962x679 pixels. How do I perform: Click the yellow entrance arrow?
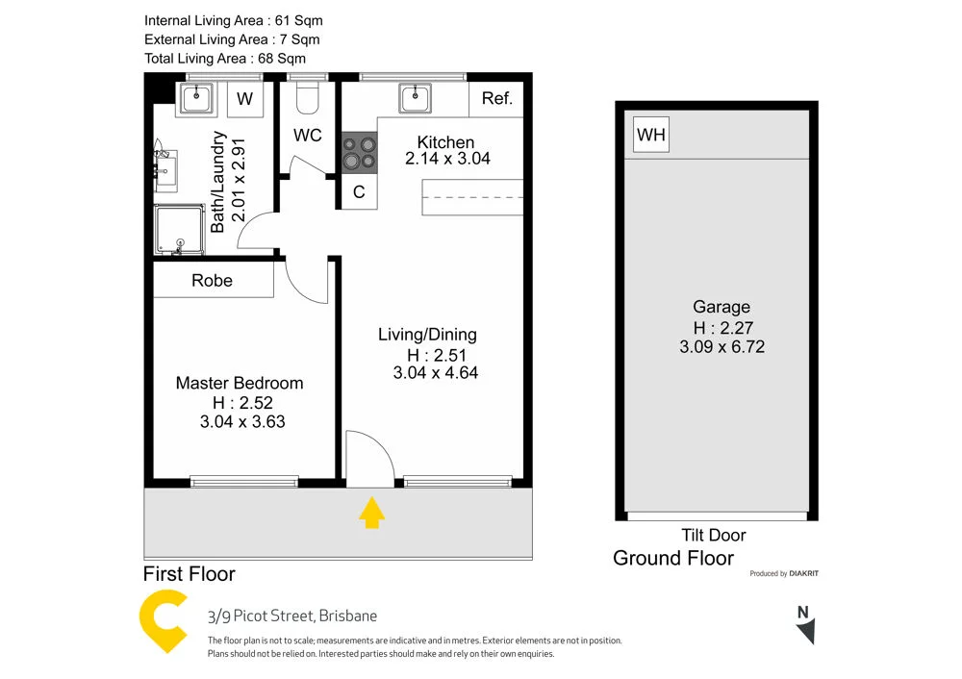click(x=371, y=514)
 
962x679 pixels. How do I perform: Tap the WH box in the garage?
click(x=651, y=135)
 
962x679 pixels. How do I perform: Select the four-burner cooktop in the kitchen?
click(x=360, y=152)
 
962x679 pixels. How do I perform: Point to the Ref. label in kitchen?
click(x=497, y=98)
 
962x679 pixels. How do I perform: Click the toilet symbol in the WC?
click(x=308, y=96)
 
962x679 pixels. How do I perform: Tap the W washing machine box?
click(x=245, y=99)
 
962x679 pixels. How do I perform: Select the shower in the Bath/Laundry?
click(x=181, y=231)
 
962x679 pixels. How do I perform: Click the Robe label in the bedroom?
click(x=212, y=281)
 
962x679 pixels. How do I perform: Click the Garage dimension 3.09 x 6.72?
click(x=721, y=346)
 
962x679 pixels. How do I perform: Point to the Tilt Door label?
click(x=713, y=535)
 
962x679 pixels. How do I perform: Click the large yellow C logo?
click(x=164, y=623)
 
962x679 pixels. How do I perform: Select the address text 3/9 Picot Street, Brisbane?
click(x=292, y=616)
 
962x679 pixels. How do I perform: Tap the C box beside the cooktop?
click(x=359, y=192)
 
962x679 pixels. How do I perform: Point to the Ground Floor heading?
click(x=673, y=558)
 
